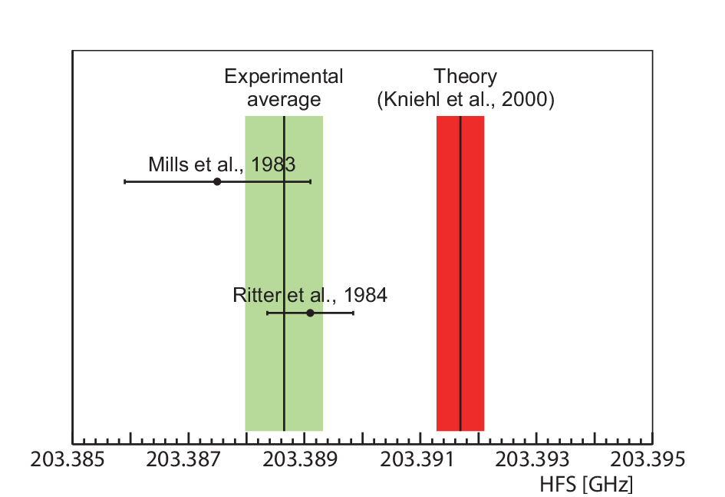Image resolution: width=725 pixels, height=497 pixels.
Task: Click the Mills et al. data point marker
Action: tap(217, 181)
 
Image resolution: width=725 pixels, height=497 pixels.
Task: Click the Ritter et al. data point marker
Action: tap(310, 313)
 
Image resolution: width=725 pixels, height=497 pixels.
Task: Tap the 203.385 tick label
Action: tap(68, 459)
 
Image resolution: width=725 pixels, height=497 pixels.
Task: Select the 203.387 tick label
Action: tap(183, 459)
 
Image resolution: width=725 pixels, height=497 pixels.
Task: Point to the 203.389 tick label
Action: tap(300, 459)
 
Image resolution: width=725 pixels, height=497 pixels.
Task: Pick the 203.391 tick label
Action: tap(417, 459)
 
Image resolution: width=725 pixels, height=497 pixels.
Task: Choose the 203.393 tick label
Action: tap(532, 459)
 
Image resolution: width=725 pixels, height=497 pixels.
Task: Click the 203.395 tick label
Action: tap(648, 459)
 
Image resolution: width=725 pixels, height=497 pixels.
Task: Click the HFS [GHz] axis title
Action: tap(586, 485)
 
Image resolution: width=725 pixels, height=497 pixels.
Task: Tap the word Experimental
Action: tap(283, 76)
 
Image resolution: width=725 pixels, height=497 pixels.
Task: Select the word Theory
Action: tap(465, 76)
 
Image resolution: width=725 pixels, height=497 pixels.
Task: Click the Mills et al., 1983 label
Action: tap(222, 164)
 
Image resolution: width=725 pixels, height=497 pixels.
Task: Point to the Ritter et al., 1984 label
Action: tap(310, 295)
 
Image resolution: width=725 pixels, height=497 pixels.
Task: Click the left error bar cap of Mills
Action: tap(125, 181)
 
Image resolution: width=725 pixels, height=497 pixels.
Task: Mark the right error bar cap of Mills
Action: tap(310, 181)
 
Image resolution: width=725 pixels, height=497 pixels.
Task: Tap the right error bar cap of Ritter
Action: tap(353, 313)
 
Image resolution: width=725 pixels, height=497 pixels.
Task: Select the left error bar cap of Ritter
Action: tap(267, 313)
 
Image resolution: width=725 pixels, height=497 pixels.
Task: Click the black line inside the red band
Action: tap(460, 273)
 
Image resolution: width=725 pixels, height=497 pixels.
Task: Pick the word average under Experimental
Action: tap(284, 100)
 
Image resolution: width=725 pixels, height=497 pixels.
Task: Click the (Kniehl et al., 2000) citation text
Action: tap(466, 100)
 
